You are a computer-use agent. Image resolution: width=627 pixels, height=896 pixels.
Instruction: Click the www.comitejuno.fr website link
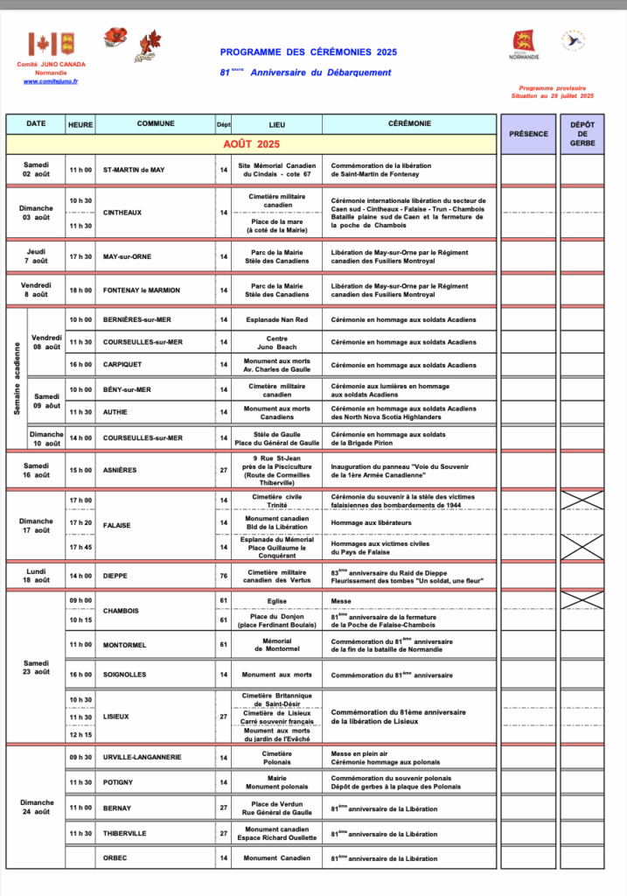[51, 81]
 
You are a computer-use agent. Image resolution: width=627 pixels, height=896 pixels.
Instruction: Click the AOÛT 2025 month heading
[251, 143]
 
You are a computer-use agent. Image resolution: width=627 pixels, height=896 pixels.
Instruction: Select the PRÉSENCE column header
[528, 134]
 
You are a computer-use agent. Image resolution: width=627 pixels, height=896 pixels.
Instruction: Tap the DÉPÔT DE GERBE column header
[582, 134]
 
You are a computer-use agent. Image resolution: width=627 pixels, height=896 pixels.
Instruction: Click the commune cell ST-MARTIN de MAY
[134, 170]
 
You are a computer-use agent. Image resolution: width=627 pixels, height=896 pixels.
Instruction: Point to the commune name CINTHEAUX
[122, 213]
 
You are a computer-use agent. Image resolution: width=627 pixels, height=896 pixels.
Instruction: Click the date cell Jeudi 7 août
[37, 256]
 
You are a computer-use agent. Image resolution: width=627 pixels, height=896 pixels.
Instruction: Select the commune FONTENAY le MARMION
[142, 290]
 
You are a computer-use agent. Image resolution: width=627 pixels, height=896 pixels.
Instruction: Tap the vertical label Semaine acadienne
[17, 377]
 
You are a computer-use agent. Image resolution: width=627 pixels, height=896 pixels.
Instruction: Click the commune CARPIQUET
[123, 365]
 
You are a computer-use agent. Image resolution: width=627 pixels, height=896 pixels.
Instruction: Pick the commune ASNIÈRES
[120, 470]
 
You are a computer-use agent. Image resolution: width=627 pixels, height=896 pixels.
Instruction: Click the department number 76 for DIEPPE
[224, 577]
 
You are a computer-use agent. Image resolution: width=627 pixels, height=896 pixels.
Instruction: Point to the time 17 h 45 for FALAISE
[80, 548]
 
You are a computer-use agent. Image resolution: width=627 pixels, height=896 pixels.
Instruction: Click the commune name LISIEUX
[116, 717]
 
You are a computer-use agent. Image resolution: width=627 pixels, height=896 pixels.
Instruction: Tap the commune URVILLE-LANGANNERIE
[143, 757]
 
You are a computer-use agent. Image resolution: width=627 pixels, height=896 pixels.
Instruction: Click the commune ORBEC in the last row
[115, 858]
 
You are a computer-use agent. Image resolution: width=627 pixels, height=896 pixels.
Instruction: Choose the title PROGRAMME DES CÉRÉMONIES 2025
[308, 52]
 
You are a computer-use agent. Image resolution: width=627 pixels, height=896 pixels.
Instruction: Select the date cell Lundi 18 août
[37, 576]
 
